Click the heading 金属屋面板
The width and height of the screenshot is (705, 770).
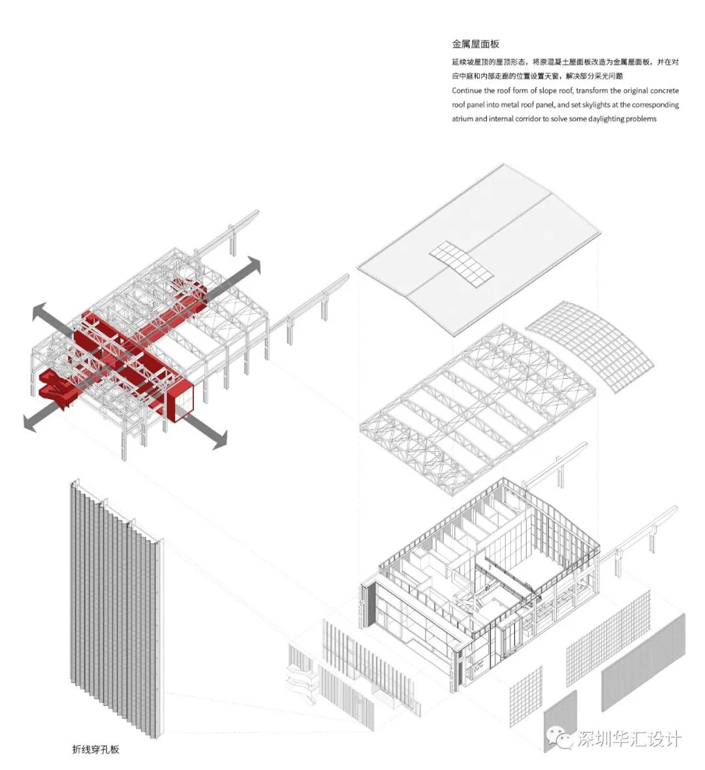pos(475,44)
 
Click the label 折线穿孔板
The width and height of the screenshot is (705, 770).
pos(96,749)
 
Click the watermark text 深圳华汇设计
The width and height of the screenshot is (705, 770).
pos(629,739)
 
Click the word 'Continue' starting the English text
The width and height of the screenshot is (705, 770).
pos(467,90)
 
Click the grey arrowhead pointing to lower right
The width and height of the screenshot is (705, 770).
pos(219,439)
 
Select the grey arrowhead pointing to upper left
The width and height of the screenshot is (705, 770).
pos(42,312)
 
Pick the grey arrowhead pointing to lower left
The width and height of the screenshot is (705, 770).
pos(32,423)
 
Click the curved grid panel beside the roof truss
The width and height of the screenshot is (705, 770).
pos(589,346)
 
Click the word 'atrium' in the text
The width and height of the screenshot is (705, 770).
pos(462,119)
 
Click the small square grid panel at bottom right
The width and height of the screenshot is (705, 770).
pos(525,696)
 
